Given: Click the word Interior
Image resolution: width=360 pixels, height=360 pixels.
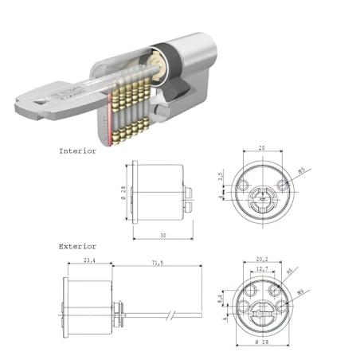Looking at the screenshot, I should pyautogui.click(x=77, y=150).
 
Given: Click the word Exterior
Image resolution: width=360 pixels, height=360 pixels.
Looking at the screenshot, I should pyautogui.click(x=77, y=246).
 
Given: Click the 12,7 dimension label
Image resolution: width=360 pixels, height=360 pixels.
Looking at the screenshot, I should pyautogui.click(x=260, y=269).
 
